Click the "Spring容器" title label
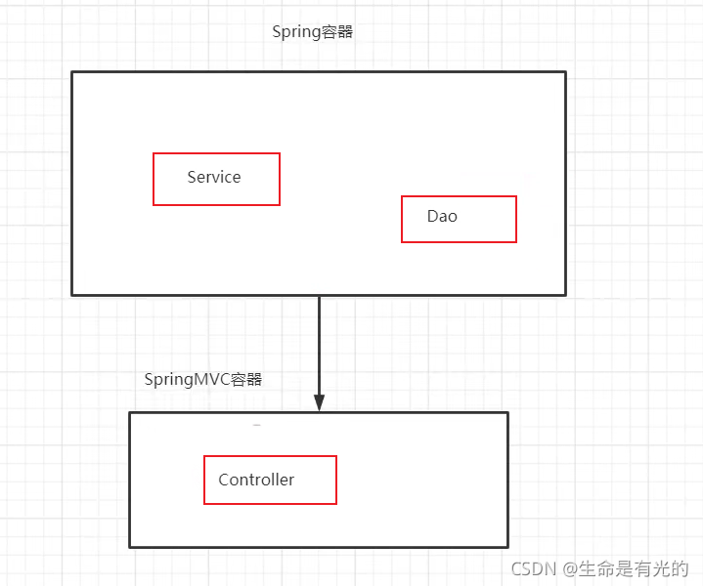click(x=312, y=32)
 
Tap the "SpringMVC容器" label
click(x=202, y=379)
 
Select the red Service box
click(x=216, y=179)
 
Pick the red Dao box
click(x=459, y=219)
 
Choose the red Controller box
click(x=270, y=480)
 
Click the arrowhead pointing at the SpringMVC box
click(x=319, y=403)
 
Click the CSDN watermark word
click(x=533, y=568)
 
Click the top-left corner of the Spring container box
click(x=72, y=72)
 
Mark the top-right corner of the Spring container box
click(x=565, y=72)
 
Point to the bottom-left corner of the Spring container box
click(x=72, y=294)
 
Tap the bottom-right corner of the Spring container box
click(x=565, y=294)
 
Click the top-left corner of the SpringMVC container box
click(x=130, y=413)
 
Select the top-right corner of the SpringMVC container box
click(x=507, y=413)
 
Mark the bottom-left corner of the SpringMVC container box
click(x=130, y=546)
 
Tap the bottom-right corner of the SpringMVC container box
click(x=507, y=546)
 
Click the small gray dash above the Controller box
click(x=257, y=426)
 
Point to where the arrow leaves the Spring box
click(x=319, y=296)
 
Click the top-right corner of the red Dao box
click(x=515, y=197)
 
